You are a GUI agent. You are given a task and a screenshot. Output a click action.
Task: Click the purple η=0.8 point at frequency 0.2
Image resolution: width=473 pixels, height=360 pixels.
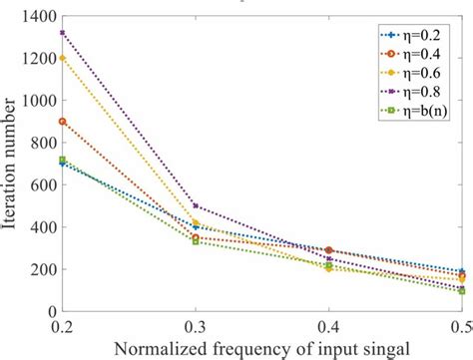click(x=63, y=33)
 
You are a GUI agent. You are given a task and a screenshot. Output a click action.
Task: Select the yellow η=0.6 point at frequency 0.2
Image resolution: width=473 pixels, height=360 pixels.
click(x=63, y=58)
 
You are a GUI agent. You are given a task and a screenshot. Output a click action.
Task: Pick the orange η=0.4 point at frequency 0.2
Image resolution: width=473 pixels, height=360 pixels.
click(x=63, y=122)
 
